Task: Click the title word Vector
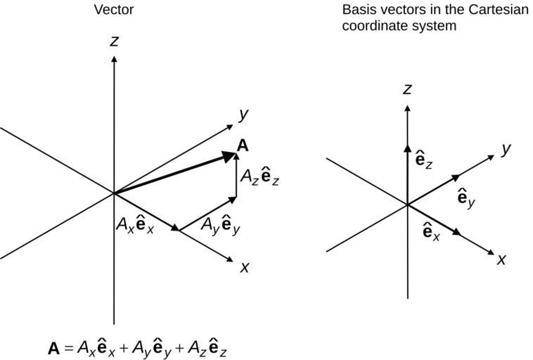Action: coord(113,10)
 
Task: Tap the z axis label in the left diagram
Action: coord(114,41)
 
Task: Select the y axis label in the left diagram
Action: coord(243,114)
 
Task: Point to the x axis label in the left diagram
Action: coord(245,267)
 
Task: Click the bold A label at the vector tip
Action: coord(243,146)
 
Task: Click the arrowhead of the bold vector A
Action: coord(229,155)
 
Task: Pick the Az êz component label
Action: coord(260,177)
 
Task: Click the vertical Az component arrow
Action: coord(236,179)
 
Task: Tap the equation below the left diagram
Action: coord(138,347)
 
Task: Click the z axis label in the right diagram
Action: coord(407,89)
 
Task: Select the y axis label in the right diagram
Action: coord(505,149)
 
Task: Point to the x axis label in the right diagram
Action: coord(501,259)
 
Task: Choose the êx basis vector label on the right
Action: coord(431,231)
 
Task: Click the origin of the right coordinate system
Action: coord(408,204)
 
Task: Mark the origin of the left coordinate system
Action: coord(114,193)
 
